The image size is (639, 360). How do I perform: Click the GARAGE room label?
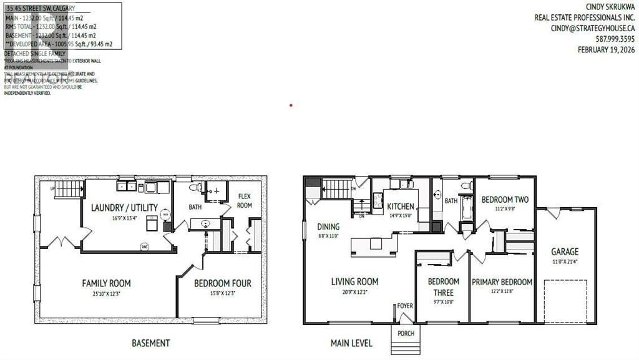564,252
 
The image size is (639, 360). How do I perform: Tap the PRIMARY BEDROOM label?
502,282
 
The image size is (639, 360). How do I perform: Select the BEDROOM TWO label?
505,200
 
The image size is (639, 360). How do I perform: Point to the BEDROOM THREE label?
443,287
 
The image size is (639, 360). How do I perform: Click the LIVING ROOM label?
354,282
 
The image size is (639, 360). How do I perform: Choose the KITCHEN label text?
401,207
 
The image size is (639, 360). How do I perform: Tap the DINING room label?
328,227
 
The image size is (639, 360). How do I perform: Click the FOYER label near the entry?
406,306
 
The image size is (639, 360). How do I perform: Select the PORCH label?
406,333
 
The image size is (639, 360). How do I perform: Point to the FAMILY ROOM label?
106,283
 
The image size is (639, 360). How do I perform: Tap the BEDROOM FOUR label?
222,283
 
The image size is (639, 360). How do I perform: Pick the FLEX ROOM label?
245,201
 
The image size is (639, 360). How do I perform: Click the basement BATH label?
195,207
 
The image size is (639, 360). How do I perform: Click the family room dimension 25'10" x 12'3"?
106,294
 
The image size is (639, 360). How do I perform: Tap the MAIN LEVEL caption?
351,343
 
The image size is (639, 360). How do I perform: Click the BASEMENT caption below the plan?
150,343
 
